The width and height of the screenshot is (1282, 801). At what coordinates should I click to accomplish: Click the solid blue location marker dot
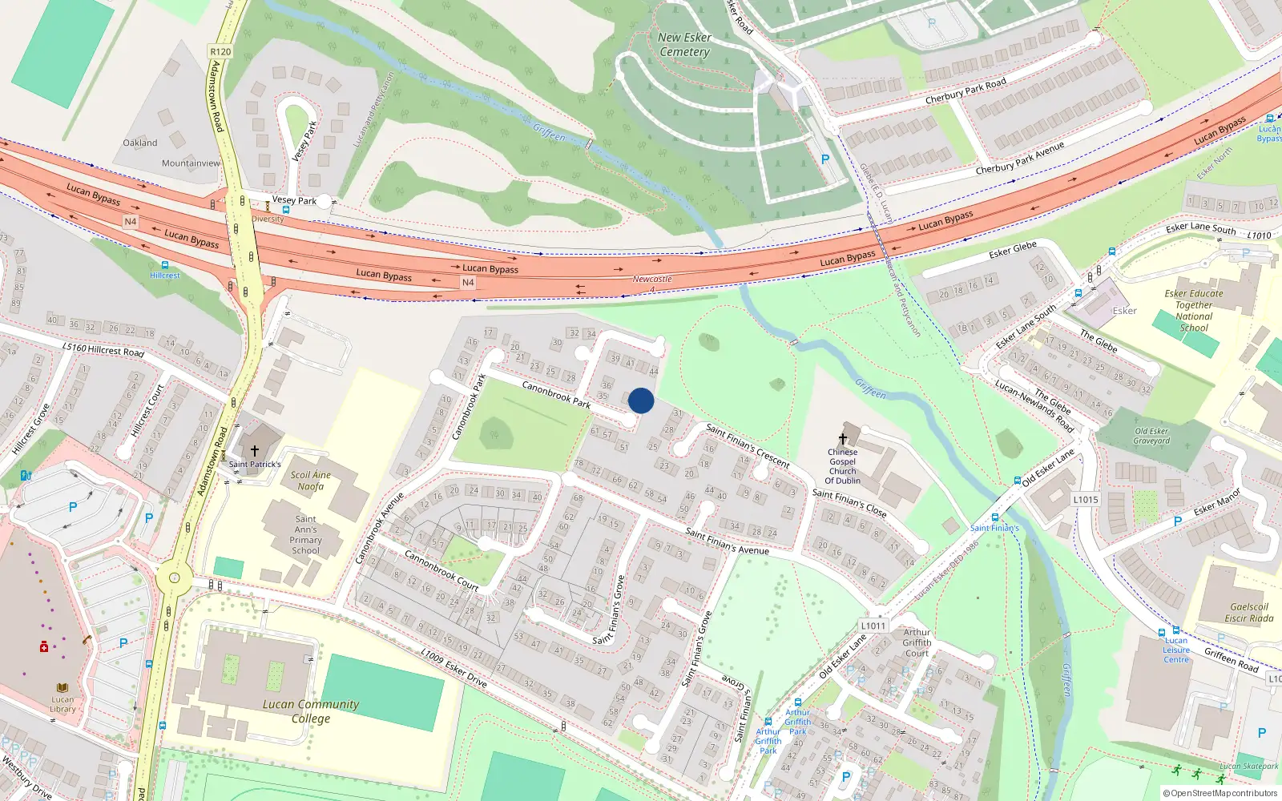pyautogui.click(x=641, y=400)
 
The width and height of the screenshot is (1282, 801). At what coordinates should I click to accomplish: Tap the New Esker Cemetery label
pyautogui.click(x=684, y=45)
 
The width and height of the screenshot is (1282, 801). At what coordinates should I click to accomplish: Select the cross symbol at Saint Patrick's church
pyautogui.click(x=255, y=452)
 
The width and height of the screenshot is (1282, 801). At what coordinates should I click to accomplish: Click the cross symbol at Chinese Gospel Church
pyautogui.click(x=842, y=438)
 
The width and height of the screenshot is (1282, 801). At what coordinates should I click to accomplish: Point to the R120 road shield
pyautogui.click(x=220, y=52)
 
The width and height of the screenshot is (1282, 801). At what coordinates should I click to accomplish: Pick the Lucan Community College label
pyautogui.click(x=311, y=711)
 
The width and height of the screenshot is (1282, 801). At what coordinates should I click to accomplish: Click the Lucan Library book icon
pyautogui.click(x=62, y=688)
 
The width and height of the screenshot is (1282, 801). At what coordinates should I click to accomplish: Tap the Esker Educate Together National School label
pyautogui.click(x=1194, y=311)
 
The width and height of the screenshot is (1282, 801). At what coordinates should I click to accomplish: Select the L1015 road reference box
pyautogui.click(x=1086, y=500)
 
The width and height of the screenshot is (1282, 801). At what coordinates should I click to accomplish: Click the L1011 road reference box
pyautogui.click(x=873, y=626)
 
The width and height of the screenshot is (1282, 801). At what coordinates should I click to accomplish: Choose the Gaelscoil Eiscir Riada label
pyautogui.click(x=1249, y=613)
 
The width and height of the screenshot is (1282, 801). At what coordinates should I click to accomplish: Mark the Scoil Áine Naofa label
pyautogui.click(x=311, y=481)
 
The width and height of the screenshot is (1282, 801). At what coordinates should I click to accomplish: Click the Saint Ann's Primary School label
pyautogui.click(x=305, y=535)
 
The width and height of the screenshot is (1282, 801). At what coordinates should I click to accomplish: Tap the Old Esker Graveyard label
pyautogui.click(x=1152, y=436)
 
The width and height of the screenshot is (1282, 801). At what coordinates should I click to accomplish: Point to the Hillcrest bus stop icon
pyautogui.click(x=165, y=265)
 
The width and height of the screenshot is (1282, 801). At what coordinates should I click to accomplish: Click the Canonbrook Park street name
pyautogui.click(x=556, y=394)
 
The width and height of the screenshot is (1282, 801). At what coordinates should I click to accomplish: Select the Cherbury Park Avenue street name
pyautogui.click(x=1020, y=159)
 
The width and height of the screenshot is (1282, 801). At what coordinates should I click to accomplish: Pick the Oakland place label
pyautogui.click(x=140, y=143)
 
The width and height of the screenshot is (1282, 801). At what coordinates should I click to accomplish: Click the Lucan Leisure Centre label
pyautogui.click(x=1176, y=650)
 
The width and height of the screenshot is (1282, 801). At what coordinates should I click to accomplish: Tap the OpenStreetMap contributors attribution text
pyautogui.click(x=1224, y=794)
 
